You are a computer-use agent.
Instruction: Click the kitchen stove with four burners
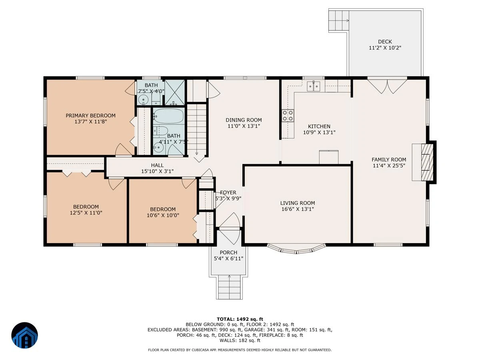pyautogui.click(x=288, y=116)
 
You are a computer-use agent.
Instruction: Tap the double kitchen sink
pyautogui.click(x=313, y=86)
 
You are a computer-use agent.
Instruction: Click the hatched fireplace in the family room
pyautogui.click(x=427, y=162)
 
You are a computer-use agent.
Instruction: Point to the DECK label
pyautogui.click(x=385, y=42)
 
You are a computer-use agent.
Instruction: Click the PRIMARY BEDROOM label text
pyautogui.click(x=90, y=116)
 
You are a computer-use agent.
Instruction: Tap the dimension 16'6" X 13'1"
pyautogui.click(x=298, y=209)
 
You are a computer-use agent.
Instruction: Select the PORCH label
pyautogui.click(x=228, y=252)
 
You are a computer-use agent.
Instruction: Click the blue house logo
pyautogui.click(x=24, y=335)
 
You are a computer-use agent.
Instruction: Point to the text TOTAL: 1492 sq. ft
pyautogui.click(x=240, y=319)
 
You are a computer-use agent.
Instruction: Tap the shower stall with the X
pyautogui.click(x=174, y=92)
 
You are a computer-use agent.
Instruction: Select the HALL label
pyautogui.click(x=157, y=165)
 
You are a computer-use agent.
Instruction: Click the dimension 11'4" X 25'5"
pyautogui.click(x=389, y=166)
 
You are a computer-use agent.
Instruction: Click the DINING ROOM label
pyautogui.click(x=244, y=120)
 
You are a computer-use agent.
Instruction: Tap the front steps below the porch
pyautogui.click(x=229, y=287)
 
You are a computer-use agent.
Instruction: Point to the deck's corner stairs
pyautogui.click(x=339, y=20)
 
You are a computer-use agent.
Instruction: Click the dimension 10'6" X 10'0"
pyautogui.click(x=163, y=215)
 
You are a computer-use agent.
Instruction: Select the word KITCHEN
pyautogui.click(x=319, y=126)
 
